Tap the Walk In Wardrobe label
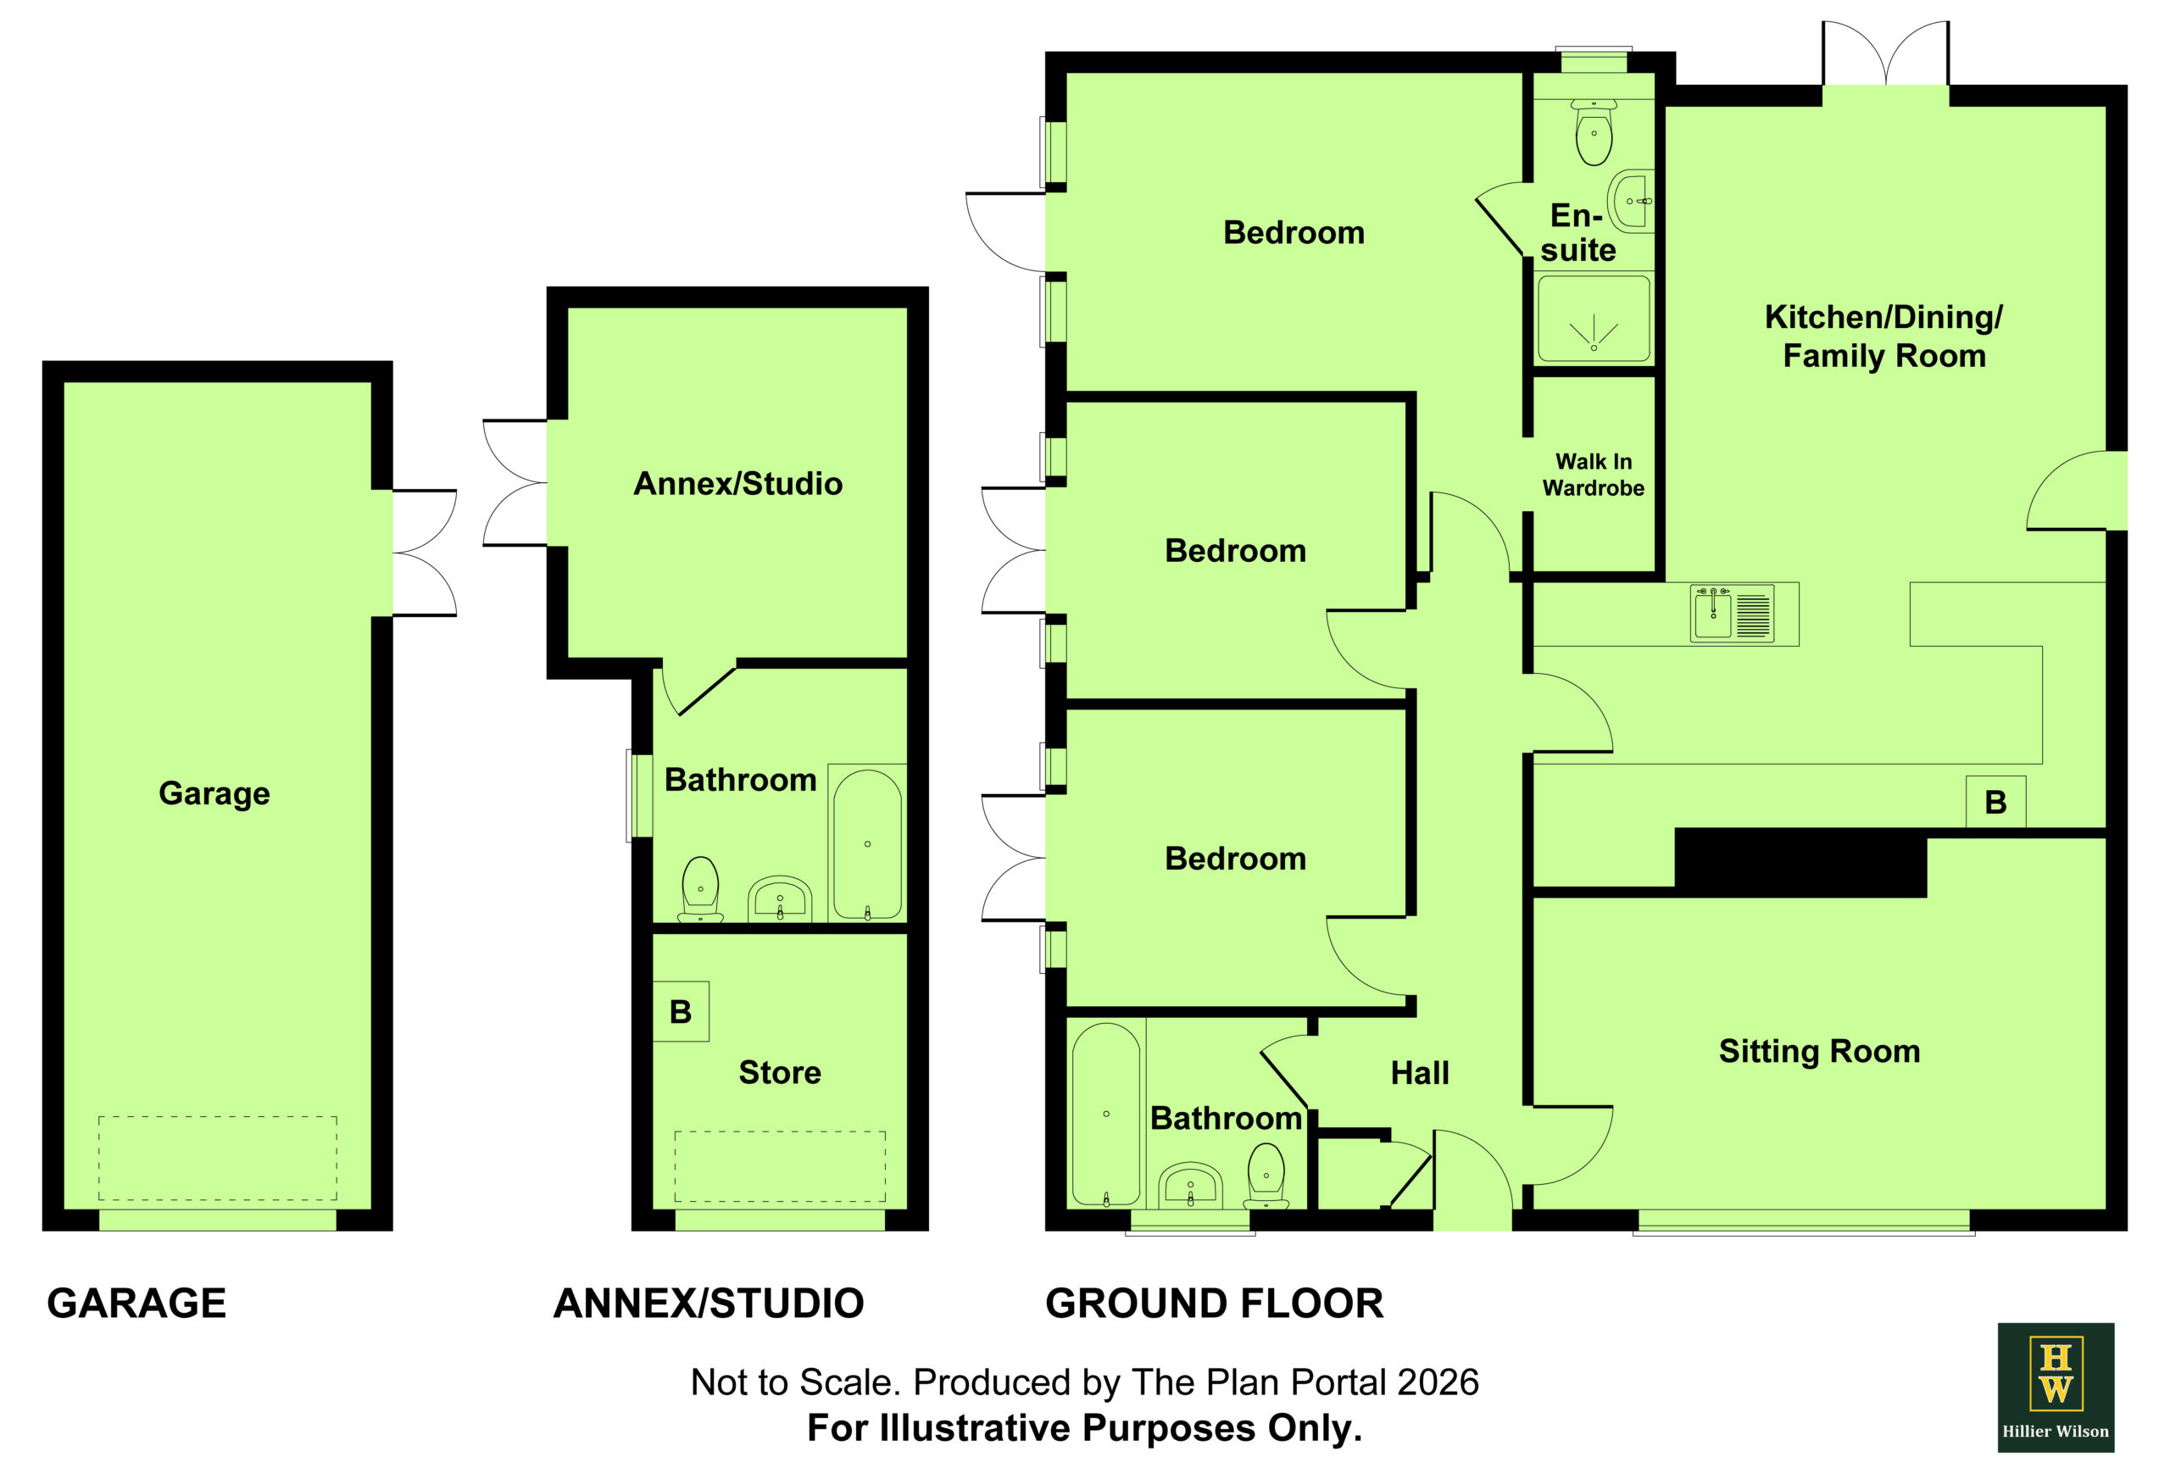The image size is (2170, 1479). point(1593,475)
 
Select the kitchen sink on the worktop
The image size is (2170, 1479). point(1731,614)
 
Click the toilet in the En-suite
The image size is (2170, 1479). point(1593,131)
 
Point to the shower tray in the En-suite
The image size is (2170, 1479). point(1593,319)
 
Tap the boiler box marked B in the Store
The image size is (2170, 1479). point(681,1011)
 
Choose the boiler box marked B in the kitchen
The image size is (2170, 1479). point(1995,801)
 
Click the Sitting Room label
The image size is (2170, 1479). point(1819,1051)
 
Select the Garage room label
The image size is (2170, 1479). point(214,792)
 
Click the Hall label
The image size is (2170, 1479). point(1419,1073)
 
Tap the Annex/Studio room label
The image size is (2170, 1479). point(737,483)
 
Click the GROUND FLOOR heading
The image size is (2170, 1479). point(1214,1303)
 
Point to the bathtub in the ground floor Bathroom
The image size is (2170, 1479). point(1105,1114)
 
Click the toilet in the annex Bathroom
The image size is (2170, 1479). point(700,888)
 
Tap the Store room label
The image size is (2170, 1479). point(780,1072)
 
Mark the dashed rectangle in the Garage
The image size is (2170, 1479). point(218,1158)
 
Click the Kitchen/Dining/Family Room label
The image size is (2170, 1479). point(1883,336)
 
